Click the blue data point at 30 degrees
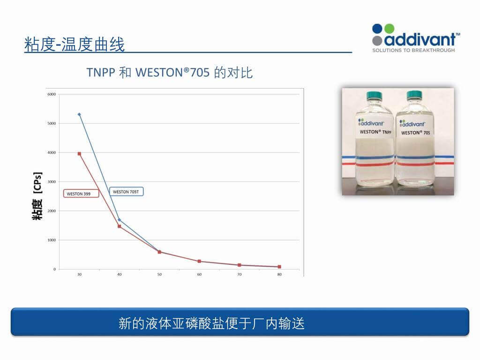[x=79, y=114]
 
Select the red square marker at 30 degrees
[x=79, y=154]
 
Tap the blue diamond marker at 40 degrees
[x=120, y=220]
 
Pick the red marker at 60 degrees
[x=199, y=261]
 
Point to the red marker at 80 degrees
[x=279, y=267]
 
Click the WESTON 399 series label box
[x=81, y=194]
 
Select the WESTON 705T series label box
[x=126, y=192]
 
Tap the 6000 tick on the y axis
[x=52, y=94]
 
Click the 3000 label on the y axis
[x=52, y=182]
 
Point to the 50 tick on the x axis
[x=159, y=274]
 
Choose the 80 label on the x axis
[x=279, y=274]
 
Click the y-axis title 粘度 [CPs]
[x=37, y=196]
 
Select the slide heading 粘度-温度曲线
[x=75, y=45]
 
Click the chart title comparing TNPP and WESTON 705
[x=169, y=73]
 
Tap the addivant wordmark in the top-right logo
[x=420, y=39]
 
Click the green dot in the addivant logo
[x=389, y=29]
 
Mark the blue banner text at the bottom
[x=211, y=323]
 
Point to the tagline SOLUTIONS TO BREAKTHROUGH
[x=413, y=50]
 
